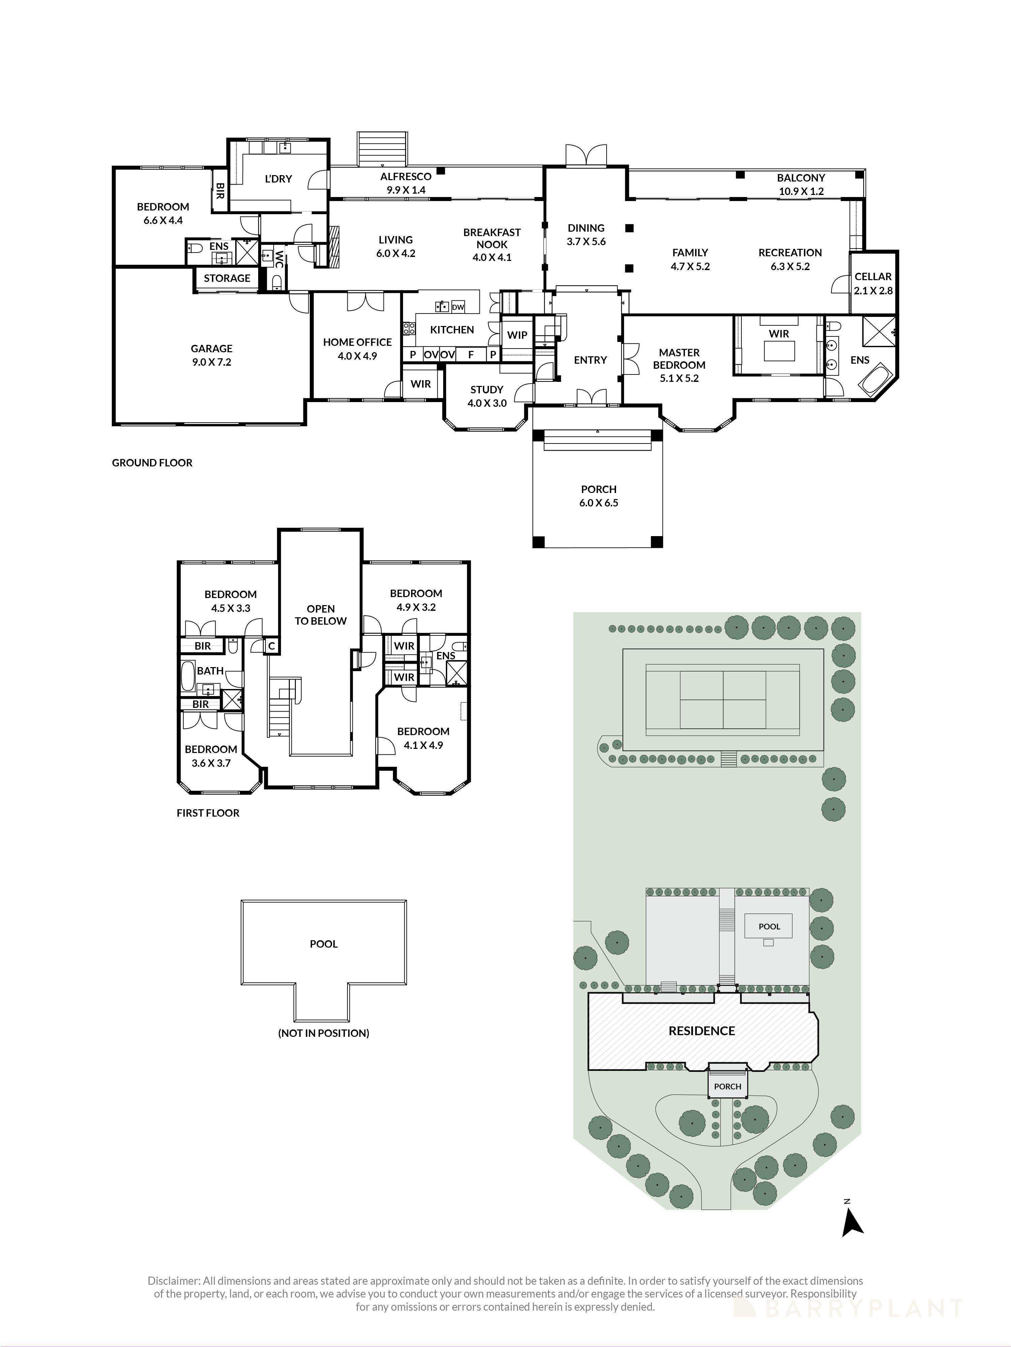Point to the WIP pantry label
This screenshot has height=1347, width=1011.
(517, 335)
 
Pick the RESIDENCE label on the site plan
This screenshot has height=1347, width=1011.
(701, 1031)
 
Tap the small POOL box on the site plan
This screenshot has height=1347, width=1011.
(769, 926)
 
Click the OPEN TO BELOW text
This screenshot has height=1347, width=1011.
(320, 615)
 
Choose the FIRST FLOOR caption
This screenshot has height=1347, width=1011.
(208, 813)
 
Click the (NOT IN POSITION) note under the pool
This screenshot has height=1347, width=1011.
(324, 1033)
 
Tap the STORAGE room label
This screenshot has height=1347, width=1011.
(227, 278)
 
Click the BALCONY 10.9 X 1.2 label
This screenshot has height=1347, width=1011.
(801, 184)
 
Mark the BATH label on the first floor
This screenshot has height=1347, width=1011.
(210, 670)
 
